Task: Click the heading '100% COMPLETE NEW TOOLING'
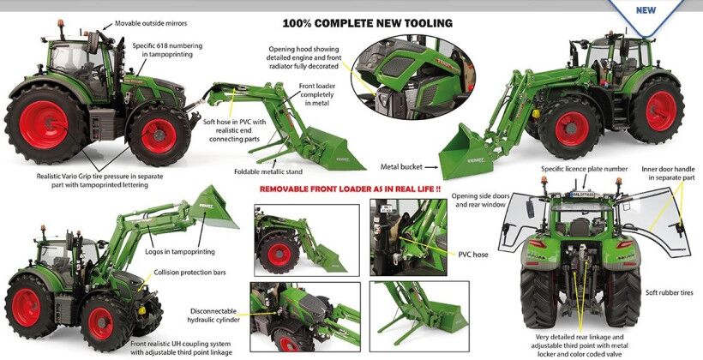point(367,23)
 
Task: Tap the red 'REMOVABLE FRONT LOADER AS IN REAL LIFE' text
point(350,189)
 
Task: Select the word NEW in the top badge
point(646,10)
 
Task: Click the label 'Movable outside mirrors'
point(151,23)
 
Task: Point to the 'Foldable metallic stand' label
point(268,171)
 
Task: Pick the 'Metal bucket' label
point(401,167)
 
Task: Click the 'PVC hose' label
point(473,255)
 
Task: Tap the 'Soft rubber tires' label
point(669,293)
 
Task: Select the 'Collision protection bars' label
point(189,272)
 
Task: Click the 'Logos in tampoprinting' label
point(180,251)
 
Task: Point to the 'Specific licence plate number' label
point(584,169)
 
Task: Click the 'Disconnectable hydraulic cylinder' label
point(213,315)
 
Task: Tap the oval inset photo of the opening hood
point(413,77)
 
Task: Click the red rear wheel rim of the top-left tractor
point(44,124)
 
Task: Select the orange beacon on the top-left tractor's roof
point(60,23)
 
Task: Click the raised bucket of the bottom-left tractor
point(213,207)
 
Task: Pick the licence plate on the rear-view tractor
point(582,195)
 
